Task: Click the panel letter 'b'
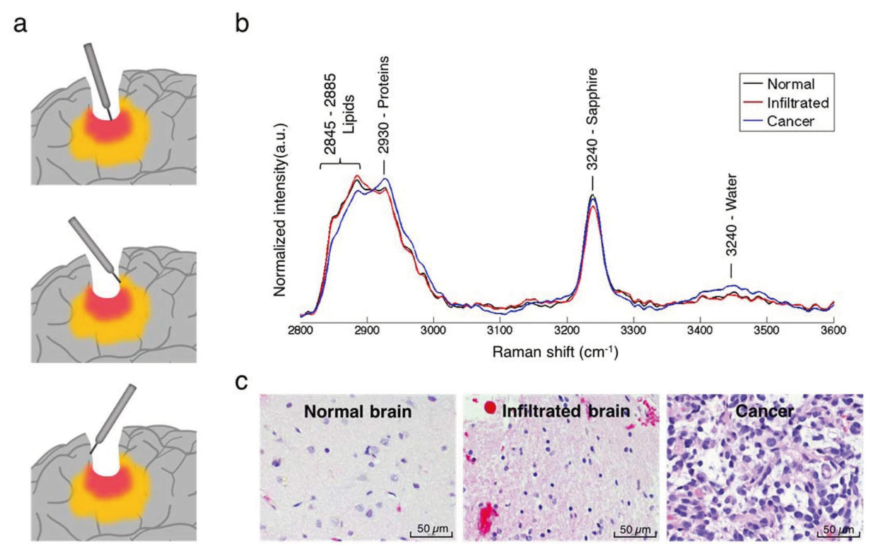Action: (x=242, y=24)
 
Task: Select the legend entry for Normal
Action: (x=790, y=85)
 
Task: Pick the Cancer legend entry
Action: (x=790, y=121)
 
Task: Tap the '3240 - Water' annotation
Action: (x=731, y=215)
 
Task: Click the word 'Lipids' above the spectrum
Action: (x=348, y=115)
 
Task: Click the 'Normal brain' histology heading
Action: (x=358, y=412)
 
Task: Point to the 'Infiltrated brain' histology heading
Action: (x=566, y=411)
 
